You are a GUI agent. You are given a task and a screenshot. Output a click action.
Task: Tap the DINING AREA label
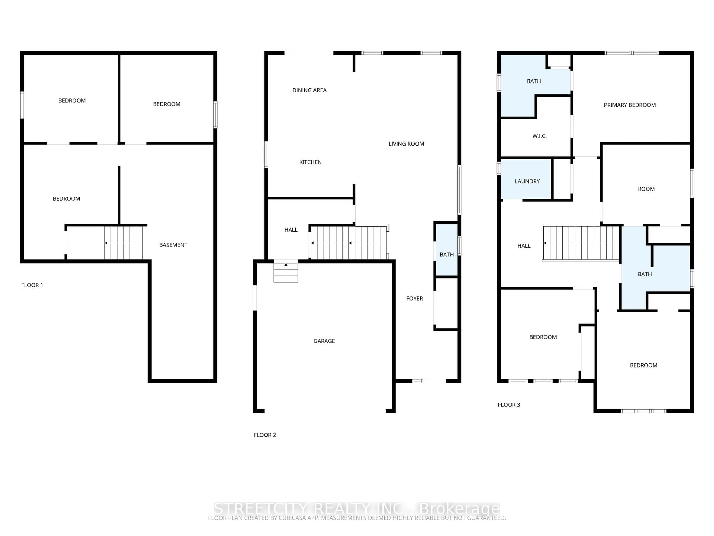309,90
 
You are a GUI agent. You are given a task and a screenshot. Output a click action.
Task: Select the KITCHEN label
310,162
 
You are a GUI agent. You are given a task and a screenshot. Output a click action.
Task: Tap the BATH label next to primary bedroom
534,81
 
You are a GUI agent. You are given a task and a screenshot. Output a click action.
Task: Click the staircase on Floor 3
581,243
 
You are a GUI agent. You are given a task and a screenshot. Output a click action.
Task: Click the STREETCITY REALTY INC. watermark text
357,508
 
